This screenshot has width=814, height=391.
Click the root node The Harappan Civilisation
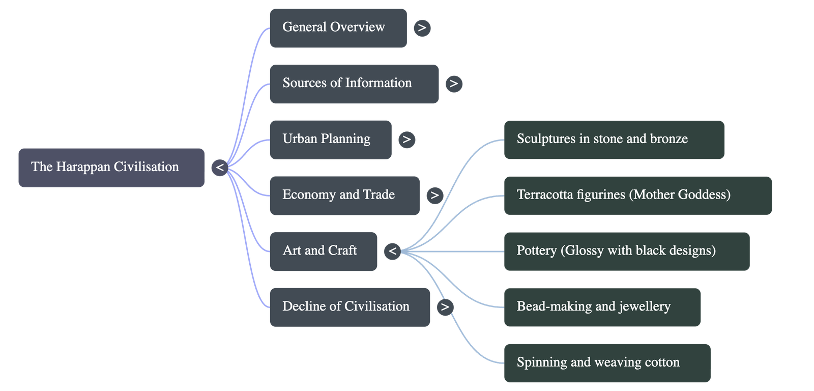pos(111,167)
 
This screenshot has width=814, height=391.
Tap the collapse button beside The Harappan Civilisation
pos(219,167)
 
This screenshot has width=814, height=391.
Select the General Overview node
pos(338,28)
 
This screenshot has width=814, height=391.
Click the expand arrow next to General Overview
pos(422,28)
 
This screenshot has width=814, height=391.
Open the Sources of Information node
pos(354,84)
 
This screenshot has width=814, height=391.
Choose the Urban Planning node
pos(330,139)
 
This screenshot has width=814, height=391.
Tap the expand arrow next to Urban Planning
pos(406,139)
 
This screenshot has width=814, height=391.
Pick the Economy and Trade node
pos(344,195)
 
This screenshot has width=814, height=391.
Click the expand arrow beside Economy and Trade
pos(434,195)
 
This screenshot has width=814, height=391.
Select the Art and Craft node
pos(323,251)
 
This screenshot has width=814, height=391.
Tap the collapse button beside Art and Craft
pos(392,251)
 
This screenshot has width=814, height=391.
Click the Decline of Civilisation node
pos(350,307)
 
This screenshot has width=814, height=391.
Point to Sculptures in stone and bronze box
pos(614,139)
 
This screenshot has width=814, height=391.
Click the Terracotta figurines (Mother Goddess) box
pos(637,195)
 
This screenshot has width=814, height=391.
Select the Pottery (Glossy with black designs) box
pos(626,251)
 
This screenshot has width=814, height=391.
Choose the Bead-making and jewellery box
pos(602,307)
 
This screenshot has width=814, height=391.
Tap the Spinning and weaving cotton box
pos(607,363)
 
